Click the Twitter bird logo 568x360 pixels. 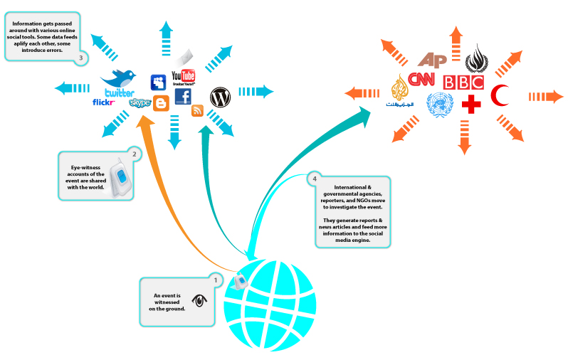[x=119, y=79]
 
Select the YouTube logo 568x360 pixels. [x=184, y=76]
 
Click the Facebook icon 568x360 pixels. [x=182, y=97]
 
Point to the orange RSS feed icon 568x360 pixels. [x=198, y=110]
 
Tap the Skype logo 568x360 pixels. [x=140, y=103]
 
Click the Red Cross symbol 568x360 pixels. [x=471, y=105]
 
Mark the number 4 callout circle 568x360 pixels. [x=314, y=179]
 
